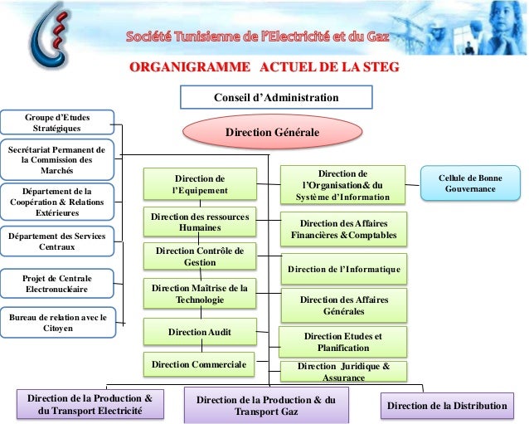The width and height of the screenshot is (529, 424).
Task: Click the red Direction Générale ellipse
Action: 272,131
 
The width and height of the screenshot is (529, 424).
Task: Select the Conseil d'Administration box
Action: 275,98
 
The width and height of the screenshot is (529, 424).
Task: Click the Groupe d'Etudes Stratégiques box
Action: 56,124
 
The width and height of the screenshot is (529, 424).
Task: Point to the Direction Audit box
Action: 200,332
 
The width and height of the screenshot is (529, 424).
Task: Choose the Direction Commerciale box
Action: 200,363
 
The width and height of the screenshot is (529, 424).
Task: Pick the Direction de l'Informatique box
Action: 343,270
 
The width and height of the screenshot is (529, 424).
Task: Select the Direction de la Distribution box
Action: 447,406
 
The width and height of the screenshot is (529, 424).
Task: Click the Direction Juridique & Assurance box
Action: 342,371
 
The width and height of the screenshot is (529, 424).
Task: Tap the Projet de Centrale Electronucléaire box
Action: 57,283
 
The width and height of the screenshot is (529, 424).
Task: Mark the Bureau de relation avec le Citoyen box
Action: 57,322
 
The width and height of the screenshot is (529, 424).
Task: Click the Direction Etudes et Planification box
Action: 342,341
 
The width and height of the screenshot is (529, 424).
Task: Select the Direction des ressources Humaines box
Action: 200,222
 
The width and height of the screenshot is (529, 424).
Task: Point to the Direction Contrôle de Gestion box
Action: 200,256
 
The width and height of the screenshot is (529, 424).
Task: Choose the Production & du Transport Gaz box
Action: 265,406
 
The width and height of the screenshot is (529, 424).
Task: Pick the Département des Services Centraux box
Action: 57,241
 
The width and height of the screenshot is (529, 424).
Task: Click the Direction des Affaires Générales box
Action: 342,305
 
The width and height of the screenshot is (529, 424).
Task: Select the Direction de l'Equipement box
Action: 200,184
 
